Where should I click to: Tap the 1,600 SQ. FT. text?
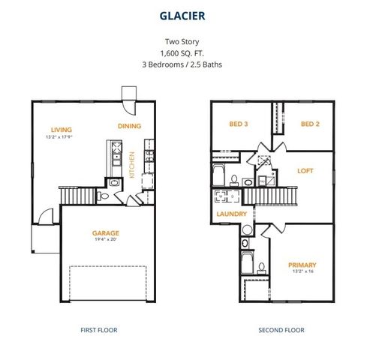[x=183, y=53]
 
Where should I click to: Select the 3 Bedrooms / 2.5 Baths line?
[x=183, y=64]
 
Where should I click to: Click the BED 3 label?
[x=239, y=124]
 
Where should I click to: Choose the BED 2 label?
[x=311, y=124]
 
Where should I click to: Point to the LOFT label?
[x=305, y=170]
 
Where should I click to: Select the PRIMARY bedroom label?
[x=302, y=265]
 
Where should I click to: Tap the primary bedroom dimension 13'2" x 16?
[x=302, y=273]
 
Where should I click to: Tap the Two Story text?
[x=183, y=42]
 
